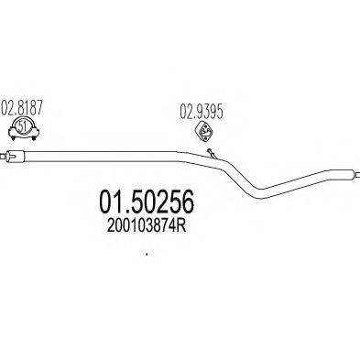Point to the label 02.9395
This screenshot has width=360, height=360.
click(199, 115)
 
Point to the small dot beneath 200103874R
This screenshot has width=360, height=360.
click(147, 255)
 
